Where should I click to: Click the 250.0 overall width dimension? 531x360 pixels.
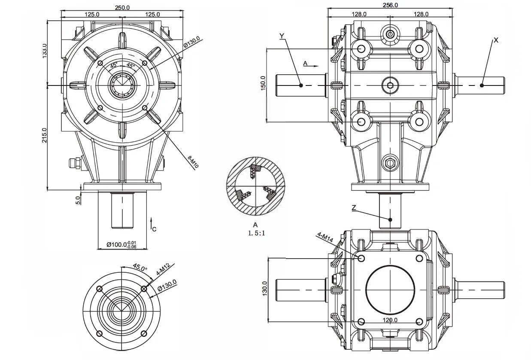click(123, 8)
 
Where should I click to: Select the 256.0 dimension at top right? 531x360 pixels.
click(390, 5)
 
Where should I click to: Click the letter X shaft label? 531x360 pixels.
click(496, 40)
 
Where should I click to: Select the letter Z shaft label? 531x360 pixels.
click(354, 207)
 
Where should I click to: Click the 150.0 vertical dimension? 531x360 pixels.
click(263, 82)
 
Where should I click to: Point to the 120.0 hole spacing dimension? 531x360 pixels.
click(390, 320)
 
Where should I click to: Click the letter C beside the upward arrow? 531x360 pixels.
click(154, 229)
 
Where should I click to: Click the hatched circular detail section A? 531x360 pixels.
click(255, 189)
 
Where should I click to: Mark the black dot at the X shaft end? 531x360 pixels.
click(482, 85)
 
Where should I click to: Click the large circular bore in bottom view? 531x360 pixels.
click(390, 288)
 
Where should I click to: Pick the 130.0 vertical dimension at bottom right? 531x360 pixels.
click(265, 289)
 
